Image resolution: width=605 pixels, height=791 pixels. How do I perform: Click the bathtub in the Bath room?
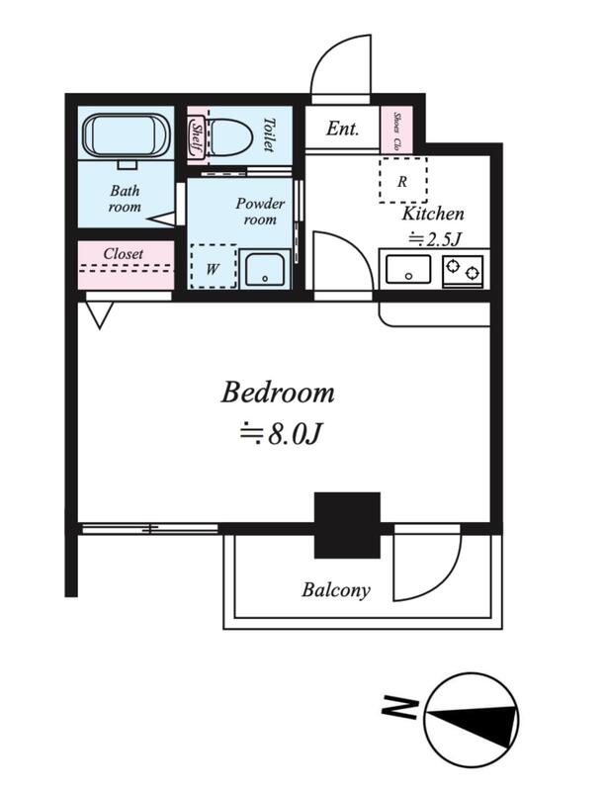[127, 134]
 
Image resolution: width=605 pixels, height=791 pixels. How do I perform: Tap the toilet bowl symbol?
[230, 136]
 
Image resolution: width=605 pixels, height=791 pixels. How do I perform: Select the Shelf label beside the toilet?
[197, 137]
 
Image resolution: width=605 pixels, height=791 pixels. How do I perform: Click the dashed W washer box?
[214, 266]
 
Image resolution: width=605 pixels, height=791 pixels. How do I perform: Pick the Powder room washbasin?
[265, 269]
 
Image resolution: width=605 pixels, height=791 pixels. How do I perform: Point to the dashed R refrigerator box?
[402, 180]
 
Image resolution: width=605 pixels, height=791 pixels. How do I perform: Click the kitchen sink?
[408, 269]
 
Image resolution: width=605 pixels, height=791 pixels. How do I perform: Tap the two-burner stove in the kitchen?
[463, 271]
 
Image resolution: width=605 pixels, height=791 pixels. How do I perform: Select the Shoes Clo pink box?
[396, 130]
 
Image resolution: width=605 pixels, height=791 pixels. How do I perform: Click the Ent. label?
[342, 129]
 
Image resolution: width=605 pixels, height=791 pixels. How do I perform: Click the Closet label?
[123, 253]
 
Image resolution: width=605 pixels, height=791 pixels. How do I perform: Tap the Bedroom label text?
[278, 393]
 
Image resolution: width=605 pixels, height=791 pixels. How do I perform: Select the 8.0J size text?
[281, 434]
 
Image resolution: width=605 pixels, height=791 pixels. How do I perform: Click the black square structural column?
[347, 525]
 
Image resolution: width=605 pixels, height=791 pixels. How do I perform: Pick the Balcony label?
[336, 589]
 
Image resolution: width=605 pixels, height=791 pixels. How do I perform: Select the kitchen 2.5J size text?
[435, 238]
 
